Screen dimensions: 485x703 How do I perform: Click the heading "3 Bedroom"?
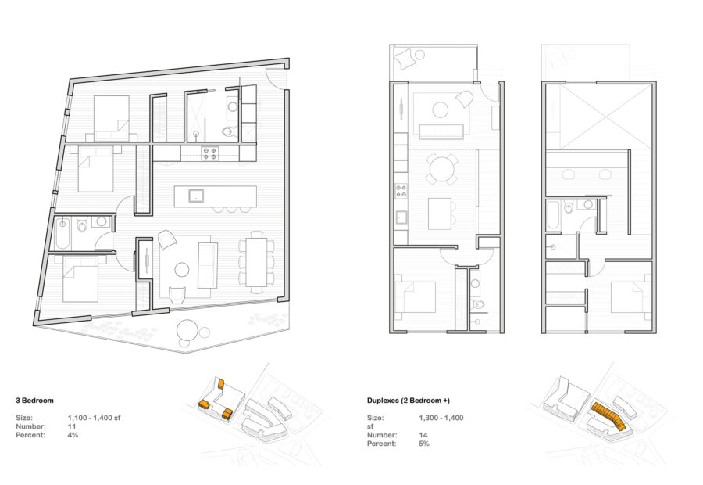click(x=34, y=400)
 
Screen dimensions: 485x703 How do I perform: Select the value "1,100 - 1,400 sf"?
click(x=95, y=418)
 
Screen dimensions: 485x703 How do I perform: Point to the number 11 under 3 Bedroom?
click(x=72, y=426)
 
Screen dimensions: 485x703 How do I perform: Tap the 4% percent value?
click(x=73, y=435)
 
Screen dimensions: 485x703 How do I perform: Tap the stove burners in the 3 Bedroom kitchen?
click(x=210, y=153)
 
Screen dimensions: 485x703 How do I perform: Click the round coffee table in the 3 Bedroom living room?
click(x=182, y=271)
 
